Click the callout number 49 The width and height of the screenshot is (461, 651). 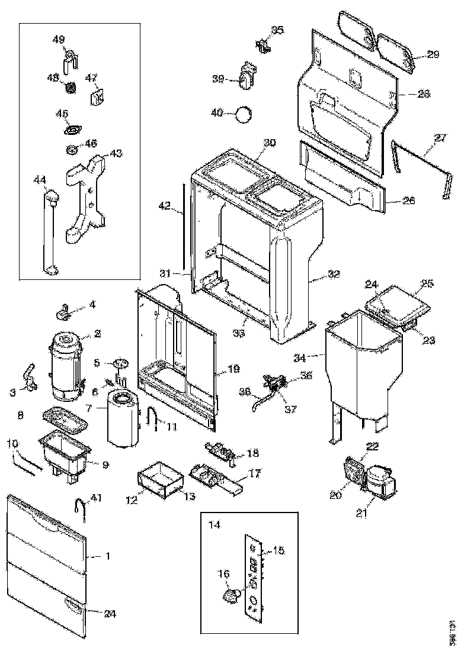pyautogui.click(x=59, y=40)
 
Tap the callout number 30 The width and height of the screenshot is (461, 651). pyautogui.click(x=270, y=143)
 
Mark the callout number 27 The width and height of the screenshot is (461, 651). pyautogui.click(x=440, y=138)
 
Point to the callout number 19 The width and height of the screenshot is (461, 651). pyautogui.click(x=234, y=368)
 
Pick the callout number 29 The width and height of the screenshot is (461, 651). pyautogui.click(x=433, y=54)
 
